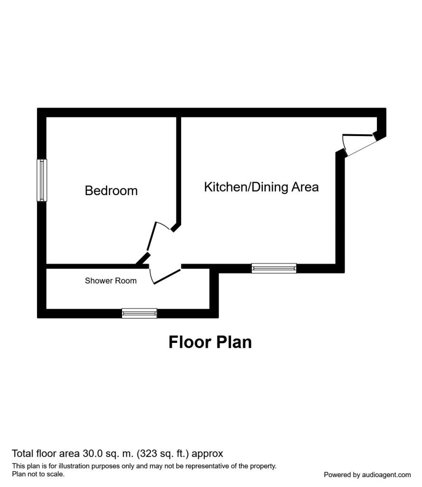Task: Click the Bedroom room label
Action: (111, 191)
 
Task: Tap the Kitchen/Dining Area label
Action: (261, 187)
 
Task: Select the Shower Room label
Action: (111, 281)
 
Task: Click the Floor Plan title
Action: (210, 342)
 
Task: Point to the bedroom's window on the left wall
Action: (42, 180)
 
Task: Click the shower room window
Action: (139, 313)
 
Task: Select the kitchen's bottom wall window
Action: (274, 268)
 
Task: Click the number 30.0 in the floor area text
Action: (104, 453)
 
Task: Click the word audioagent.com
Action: (386, 475)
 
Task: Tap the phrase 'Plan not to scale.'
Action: (38, 474)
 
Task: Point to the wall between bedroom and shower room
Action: (90, 266)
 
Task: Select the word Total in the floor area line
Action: (23, 453)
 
